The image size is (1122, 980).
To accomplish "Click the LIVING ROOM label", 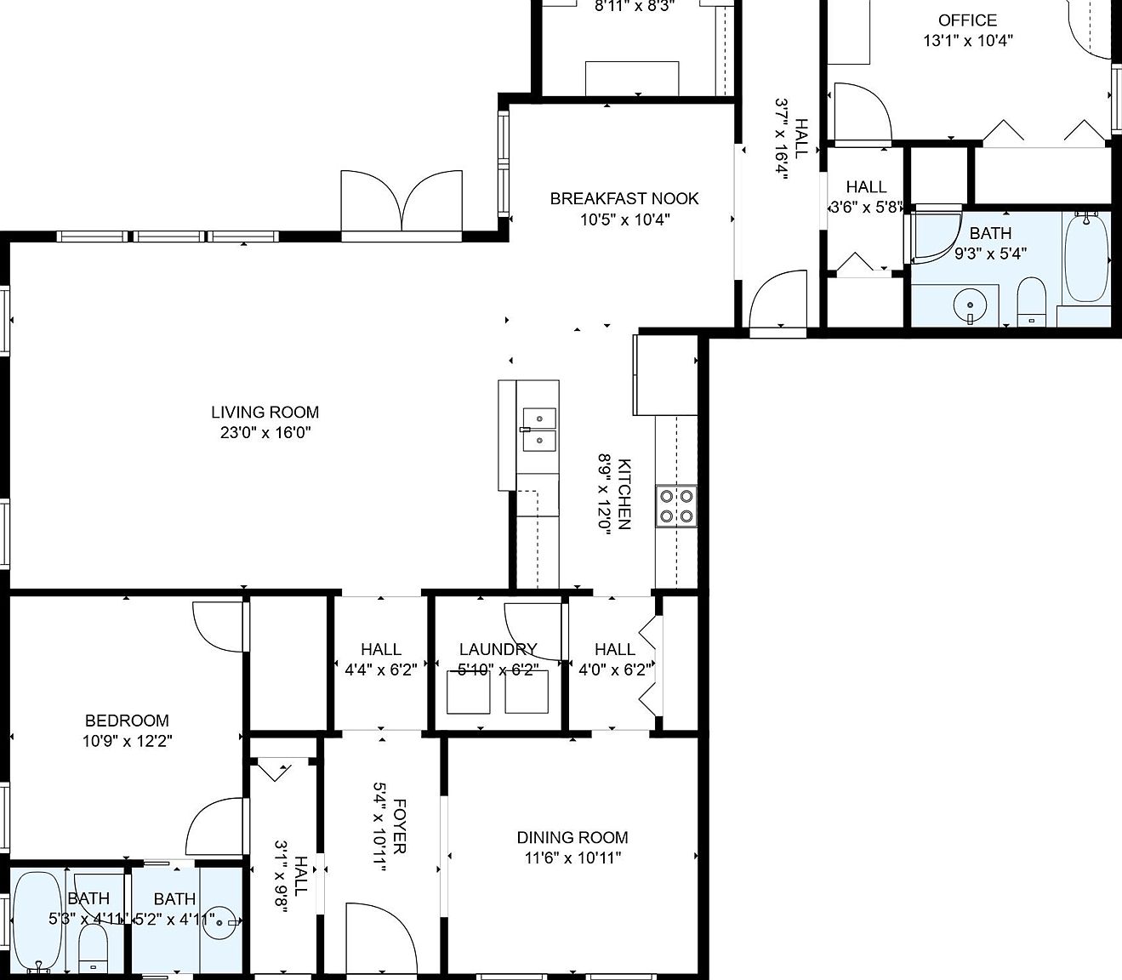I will (265, 413).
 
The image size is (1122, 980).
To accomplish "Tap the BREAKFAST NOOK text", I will (624, 199).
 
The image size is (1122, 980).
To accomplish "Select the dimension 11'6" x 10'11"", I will (572, 858).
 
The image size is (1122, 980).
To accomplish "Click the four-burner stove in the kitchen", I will (677, 505).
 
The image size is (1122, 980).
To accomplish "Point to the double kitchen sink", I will (538, 430).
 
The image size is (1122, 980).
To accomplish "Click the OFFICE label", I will (967, 20).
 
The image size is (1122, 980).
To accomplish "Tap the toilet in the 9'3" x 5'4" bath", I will (1031, 300).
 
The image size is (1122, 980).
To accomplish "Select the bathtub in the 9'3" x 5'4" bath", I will (1087, 257).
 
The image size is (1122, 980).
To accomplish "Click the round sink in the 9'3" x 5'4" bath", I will (970, 305).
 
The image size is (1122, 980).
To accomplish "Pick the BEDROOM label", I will (127, 721).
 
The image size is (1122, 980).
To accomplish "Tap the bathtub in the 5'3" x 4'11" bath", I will (37, 920).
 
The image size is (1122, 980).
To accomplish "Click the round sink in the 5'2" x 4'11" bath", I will (224, 921).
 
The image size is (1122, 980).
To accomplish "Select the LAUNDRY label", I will (498, 649).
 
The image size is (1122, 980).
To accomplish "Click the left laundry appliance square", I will (469, 692).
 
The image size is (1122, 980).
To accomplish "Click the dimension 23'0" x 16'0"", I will (265, 433).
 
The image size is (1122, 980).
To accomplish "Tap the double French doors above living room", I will (402, 201).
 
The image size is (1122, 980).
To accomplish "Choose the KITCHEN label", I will (624, 493).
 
